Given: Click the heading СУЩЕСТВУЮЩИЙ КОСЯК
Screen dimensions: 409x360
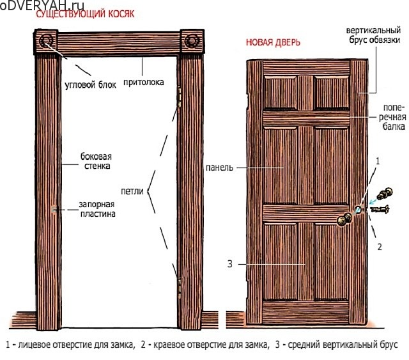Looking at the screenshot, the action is point(85,14).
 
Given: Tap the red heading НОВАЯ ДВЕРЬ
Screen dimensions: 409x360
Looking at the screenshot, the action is point(273,42).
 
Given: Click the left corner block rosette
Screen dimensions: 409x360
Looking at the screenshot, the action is point(46,41).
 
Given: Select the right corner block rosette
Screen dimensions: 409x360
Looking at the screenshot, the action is point(192,41).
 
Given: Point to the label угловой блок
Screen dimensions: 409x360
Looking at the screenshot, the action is point(90,85).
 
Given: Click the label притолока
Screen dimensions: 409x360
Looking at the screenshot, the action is point(143,82).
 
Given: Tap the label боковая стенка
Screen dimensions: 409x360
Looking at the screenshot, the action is point(96,161).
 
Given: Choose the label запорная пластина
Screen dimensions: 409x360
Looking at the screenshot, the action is point(97,209).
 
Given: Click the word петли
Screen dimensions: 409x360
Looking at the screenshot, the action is point(132,191).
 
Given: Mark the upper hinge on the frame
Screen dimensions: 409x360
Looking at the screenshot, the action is point(179,97).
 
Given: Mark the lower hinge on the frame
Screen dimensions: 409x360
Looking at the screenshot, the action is point(180,288).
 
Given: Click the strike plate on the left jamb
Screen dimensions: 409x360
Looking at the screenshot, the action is point(54,209).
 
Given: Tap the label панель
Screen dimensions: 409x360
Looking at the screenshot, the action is point(219,168).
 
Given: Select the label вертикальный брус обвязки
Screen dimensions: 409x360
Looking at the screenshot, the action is point(373,35).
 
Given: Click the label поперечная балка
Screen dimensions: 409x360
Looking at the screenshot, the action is point(392,117).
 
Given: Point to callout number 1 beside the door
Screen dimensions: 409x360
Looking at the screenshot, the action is point(378,161).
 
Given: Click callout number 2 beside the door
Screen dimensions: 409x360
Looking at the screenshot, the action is point(380,247).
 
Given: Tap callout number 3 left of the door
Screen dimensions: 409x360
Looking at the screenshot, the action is point(230,264).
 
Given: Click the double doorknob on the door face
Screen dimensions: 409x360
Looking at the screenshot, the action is point(344,219).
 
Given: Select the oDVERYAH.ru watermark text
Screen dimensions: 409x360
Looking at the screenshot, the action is point(42,6).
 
